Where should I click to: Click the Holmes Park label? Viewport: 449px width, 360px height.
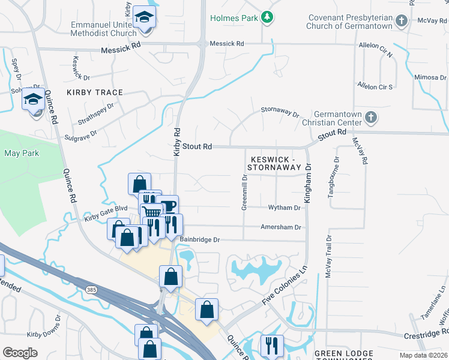pos(234,17)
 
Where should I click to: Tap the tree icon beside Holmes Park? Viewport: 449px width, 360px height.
pos(268,17)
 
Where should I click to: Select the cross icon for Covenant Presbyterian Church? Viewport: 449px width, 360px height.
pos(402,21)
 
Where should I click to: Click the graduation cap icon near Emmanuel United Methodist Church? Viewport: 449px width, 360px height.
pos(144,18)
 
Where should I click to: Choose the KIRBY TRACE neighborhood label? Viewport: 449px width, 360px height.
pos(95,92)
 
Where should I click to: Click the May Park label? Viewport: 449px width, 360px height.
pos(22,153)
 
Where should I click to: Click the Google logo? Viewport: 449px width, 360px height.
pos(20,353)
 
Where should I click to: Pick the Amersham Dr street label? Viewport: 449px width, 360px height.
pos(280,227)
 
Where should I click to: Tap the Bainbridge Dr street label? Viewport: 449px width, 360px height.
pos(200,239)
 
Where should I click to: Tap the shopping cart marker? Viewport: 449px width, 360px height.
pos(152,212)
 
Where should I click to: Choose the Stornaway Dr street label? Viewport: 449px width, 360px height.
pos(279,111)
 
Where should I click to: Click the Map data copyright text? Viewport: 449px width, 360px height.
pos(423,355)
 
